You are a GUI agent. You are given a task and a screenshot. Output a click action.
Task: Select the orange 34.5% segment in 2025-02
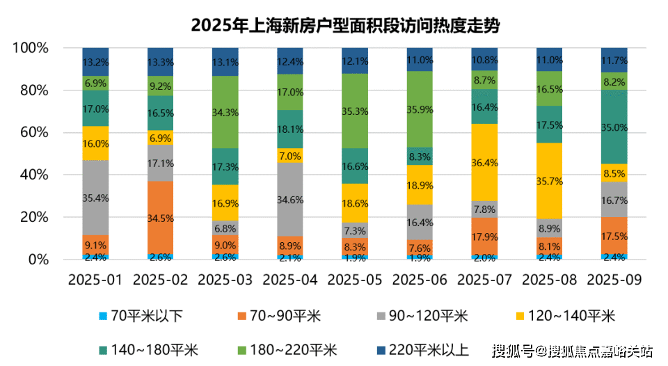click(161, 218)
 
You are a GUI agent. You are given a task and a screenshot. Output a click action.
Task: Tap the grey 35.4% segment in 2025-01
click(96, 198)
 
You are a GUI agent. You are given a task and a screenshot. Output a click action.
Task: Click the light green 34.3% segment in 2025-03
click(225, 112)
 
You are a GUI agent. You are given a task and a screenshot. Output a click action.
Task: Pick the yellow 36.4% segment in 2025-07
click(484, 163)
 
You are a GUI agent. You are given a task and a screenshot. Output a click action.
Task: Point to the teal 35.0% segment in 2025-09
click(614, 127)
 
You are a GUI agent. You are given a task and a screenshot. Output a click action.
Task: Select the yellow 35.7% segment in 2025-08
click(549, 181)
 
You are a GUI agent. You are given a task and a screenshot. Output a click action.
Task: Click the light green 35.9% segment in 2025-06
click(420, 109)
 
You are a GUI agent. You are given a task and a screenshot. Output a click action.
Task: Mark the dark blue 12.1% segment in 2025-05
click(355, 61)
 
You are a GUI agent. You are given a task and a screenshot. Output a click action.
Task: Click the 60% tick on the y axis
click(33, 133)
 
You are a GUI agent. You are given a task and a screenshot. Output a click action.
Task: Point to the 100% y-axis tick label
click(30, 49)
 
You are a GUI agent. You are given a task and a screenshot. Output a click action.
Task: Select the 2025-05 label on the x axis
click(355, 280)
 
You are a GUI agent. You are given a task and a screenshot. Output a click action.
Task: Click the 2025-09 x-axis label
click(614, 280)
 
